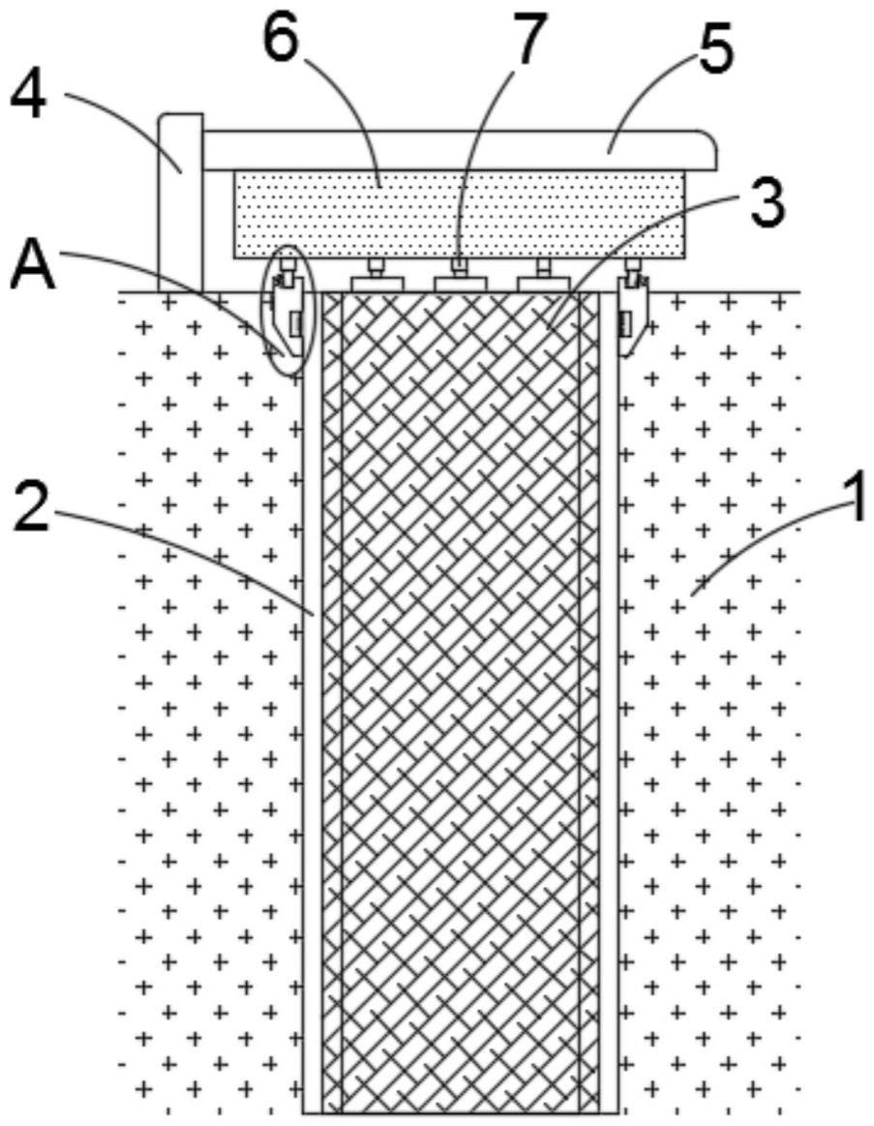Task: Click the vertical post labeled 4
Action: (180, 203)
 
